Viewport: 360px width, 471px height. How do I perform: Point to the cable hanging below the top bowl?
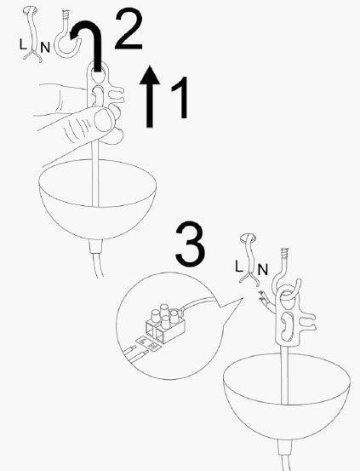(x=94, y=264)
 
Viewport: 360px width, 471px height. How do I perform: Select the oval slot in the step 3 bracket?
(x=288, y=327)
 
